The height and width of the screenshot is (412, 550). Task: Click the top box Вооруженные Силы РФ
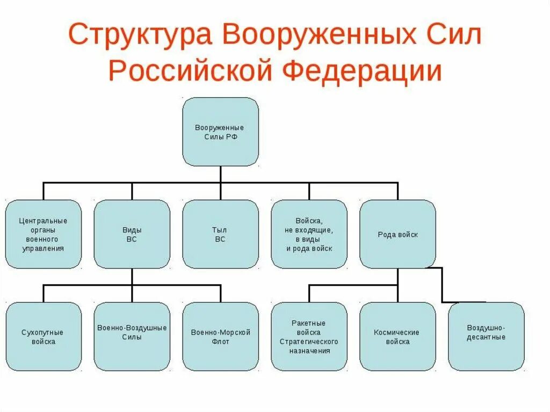(x=220, y=132)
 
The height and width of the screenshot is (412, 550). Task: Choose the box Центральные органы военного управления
(x=44, y=234)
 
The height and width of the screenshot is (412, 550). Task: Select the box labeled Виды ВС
(x=132, y=234)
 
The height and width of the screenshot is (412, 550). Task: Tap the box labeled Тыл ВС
(x=220, y=234)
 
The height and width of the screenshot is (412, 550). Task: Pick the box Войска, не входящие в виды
(x=309, y=234)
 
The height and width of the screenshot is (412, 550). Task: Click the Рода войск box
(x=397, y=234)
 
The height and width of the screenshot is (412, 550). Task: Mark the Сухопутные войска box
(x=44, y=337)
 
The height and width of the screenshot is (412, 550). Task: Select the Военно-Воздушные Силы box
(x=132, y=337)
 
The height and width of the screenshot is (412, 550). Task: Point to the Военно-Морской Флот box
(x=220, y=337)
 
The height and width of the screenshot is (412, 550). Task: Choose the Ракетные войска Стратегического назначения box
(x=309, y=337)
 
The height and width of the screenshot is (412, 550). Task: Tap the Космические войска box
(x=397, y=337)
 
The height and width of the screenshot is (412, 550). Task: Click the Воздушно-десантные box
(x=486, y=337)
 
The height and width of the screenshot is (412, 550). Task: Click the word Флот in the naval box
(x=220, y=342)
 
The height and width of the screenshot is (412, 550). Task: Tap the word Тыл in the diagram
(x=220, y=230)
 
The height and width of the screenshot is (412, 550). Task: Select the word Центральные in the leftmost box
(x=43, y=221)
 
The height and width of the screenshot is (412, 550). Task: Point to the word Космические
(x=397, y=333)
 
